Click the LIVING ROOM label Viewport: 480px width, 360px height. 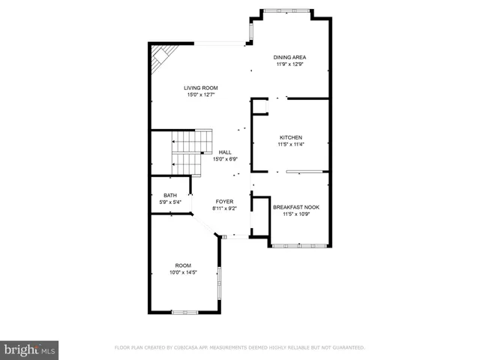[201, 88]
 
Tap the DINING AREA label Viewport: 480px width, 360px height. [289, 57]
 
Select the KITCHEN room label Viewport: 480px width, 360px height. [290, 137]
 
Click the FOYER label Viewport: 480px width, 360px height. [224, 202]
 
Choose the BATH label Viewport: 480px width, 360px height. [170, 195]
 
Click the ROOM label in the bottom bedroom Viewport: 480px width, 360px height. [183, 265]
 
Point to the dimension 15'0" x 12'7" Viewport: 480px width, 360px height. [201, 95]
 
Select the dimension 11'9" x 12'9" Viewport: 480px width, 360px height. [289, 64]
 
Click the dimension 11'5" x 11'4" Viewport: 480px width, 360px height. [290, 144]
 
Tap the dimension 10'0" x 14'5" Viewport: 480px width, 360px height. [183, 273]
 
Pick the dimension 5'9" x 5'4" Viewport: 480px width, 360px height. [170, 202]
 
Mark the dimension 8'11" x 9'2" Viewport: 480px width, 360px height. [224, 208]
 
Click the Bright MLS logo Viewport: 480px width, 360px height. [30, 349]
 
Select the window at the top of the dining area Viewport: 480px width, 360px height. [289, 10]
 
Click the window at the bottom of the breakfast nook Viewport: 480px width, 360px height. [297, 245]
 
